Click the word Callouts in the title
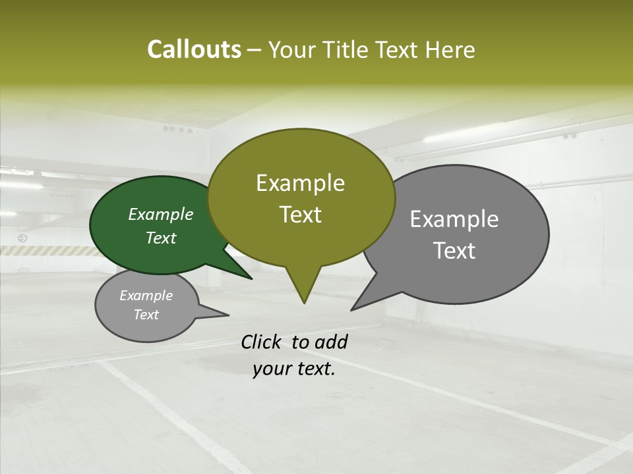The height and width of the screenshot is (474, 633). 194,49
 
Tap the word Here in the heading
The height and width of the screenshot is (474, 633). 450,49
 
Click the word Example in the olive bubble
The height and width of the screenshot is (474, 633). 300,183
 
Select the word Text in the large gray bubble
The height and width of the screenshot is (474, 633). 454,251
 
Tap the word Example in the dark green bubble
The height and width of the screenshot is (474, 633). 161,215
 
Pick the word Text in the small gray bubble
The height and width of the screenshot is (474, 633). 146,315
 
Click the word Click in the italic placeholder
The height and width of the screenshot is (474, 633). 262,342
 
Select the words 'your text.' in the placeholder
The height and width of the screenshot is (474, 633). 294,369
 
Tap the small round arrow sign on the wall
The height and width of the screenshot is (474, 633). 23,238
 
